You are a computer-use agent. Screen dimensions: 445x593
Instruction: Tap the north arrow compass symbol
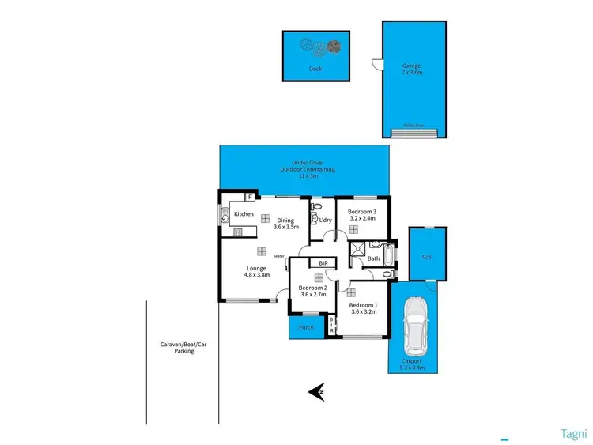(x=318, y=390)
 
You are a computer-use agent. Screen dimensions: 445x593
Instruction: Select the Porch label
(x=306, y=327)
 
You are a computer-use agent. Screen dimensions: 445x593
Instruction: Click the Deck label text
(x=315, y=69)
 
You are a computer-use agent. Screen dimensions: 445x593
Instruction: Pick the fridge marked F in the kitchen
(x=250, y=196)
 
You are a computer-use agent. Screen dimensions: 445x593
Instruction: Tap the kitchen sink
(x=225, y=215)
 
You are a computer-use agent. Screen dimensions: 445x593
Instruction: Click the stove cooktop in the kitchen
(x=237, y=232)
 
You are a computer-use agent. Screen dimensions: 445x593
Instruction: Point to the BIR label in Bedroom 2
(x=323, y=263)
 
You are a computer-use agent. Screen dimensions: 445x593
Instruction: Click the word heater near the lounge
(x=278, y=256)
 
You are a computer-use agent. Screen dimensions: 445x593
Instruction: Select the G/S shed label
(x=427, y=257)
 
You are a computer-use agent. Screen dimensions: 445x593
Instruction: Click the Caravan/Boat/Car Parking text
(x=184, y=348)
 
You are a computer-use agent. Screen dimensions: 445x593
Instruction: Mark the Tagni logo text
(x=572, y=432)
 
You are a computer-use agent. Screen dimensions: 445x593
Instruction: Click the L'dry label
(x=325, y=221)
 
